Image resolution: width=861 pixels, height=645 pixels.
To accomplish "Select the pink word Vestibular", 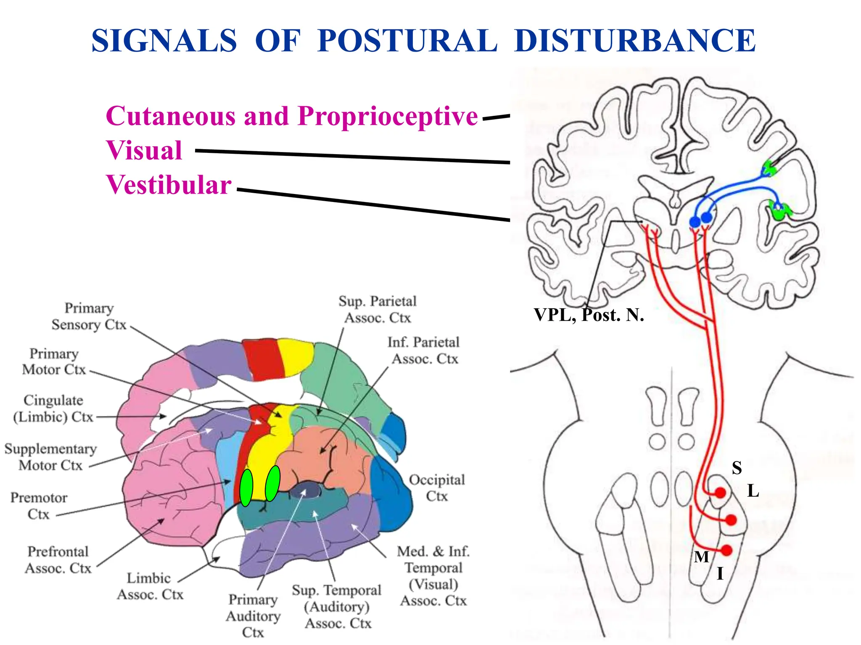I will pos(169,185).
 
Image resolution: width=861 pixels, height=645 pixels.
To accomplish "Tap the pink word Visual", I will pos(144,150).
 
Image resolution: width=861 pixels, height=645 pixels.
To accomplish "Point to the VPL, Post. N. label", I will pos(589,315).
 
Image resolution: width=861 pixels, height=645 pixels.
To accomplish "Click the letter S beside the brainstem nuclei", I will pos(737,468).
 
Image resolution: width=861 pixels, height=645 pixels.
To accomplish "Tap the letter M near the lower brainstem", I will pos(701,557).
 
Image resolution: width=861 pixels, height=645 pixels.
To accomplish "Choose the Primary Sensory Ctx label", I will pos(89,316).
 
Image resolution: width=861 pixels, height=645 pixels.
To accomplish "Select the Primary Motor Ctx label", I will pos(54,362).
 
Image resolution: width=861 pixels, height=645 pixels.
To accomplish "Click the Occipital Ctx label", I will pos(437,488).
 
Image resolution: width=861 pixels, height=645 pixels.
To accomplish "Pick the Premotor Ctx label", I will pos(39,506).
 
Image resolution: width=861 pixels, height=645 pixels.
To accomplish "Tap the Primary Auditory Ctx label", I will pos(253,616).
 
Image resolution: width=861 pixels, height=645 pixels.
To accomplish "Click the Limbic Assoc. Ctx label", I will pos(150,586).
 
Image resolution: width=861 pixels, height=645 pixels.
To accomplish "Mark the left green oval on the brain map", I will pos(246,488).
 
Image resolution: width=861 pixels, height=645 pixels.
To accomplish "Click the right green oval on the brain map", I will pos(273,483).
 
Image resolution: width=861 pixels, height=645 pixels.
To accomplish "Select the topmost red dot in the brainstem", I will pos(721,493).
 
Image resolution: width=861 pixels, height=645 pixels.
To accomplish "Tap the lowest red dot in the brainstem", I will pos(726,550).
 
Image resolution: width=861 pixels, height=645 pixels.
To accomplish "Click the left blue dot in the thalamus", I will pos(695,221).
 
